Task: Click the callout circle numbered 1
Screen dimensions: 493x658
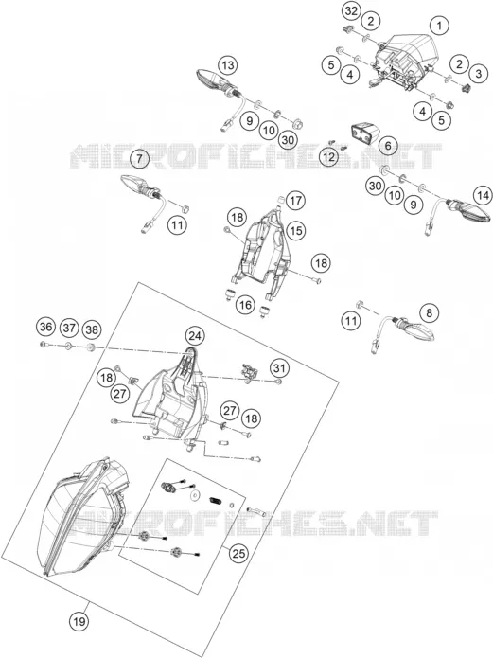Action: tap(439, 26)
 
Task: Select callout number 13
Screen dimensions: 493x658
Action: tap(227, 65)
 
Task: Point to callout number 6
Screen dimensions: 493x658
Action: tap(388, 146)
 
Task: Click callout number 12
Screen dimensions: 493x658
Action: tap(328, 157)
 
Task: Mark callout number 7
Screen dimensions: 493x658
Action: tap(139, 159)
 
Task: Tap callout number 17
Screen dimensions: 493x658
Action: tap(295, 201)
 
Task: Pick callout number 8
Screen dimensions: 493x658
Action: tap(429, 313)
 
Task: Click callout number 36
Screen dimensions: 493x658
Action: tap(45, 328)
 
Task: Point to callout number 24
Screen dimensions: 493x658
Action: tap(195, 336)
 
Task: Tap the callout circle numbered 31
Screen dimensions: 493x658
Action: tap(279, 368)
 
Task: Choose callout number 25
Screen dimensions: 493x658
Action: tap(238, 554)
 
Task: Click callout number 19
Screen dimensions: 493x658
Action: tap(79, 621)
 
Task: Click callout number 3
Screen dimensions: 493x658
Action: tap(479, 74)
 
